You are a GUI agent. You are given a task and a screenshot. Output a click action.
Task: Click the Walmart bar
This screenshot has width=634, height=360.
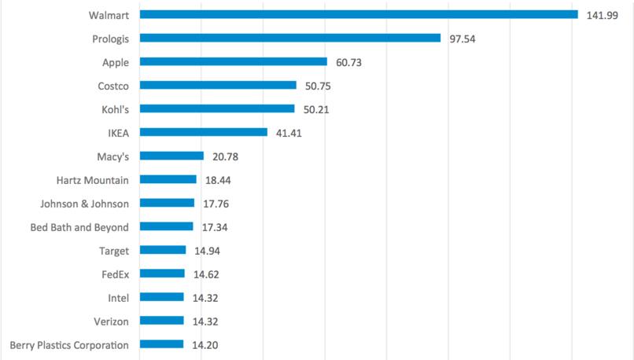tap(359, 14)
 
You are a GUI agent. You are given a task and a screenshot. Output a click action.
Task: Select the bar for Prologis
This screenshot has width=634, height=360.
tap(290, 38)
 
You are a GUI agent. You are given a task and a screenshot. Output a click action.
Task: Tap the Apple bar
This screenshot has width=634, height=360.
tap(234, 61)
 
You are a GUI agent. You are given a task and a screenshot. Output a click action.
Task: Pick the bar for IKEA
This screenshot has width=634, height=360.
tap(204, 132)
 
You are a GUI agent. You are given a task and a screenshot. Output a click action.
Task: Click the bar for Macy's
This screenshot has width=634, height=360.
tap(172, 156)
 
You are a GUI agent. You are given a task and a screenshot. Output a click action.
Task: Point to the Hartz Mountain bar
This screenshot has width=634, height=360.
tap(168, 179)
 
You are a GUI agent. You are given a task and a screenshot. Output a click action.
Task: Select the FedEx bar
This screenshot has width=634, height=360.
tap(163, 274)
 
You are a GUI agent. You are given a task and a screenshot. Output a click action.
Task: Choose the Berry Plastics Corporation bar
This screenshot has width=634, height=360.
tap(162, 344)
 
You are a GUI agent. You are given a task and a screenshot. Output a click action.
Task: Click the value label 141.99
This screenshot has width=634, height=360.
tap(602, 15)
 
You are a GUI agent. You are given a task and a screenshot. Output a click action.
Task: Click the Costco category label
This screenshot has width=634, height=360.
tap(112, 86)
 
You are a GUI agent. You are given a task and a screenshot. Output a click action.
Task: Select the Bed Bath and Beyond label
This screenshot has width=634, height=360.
tap(77, 227)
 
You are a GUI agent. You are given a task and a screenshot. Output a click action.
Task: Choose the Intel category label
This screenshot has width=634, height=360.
tap(118, 298)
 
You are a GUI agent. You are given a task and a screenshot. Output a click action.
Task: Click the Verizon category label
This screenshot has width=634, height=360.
tap(112, 321)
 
